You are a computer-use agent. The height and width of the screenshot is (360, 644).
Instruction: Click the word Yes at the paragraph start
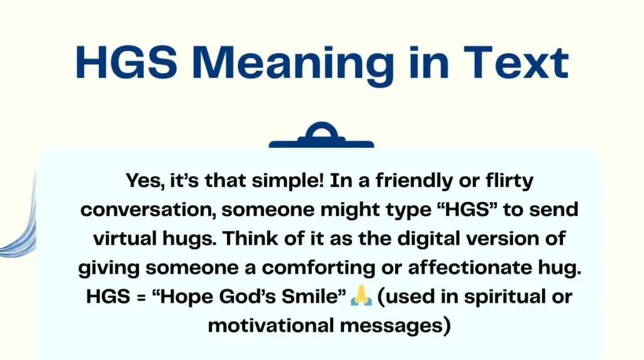tap(143, 181)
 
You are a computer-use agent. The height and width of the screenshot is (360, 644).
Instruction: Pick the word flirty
tap(502, 181)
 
